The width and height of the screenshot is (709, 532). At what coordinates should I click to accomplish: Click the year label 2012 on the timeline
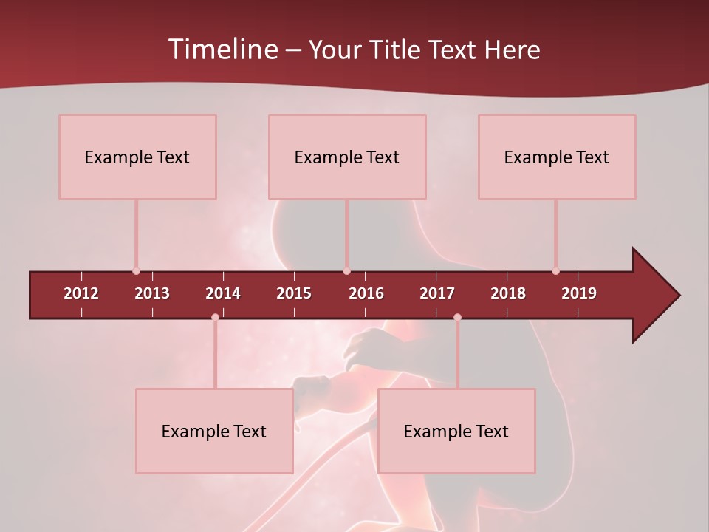click(81, 293)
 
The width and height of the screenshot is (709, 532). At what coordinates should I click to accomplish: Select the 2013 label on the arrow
click(152, 293)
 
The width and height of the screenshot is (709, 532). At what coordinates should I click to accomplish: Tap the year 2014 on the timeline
click(223, 293)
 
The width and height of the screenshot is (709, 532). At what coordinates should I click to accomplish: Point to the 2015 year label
click(294, 293)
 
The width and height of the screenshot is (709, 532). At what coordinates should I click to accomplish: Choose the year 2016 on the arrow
click(366, 293)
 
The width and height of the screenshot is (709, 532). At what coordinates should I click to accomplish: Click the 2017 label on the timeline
click(437, 293)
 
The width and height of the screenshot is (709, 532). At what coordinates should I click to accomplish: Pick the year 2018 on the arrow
click(508, 293)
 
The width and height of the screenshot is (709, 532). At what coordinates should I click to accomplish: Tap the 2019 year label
click(579, 293)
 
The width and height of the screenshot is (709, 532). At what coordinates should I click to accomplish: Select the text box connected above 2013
click(137, 157)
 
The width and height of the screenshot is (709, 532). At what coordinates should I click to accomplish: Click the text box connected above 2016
click(347, 157)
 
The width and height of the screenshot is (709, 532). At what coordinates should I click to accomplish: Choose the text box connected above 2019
click(557, 157)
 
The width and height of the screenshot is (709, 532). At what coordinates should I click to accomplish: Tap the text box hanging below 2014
click(214, 431)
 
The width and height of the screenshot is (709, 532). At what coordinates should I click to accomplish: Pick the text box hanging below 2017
click(456, 431)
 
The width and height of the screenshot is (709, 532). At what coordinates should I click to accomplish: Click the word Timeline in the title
click(222, 50)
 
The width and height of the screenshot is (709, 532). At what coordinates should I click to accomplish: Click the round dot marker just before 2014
click(215, 317)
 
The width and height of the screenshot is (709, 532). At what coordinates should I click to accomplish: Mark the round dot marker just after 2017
click(457, 317)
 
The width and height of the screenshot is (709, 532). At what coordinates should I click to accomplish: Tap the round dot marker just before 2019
click(555, 271)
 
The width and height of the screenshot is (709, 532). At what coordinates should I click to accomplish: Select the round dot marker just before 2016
click(346, 271)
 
